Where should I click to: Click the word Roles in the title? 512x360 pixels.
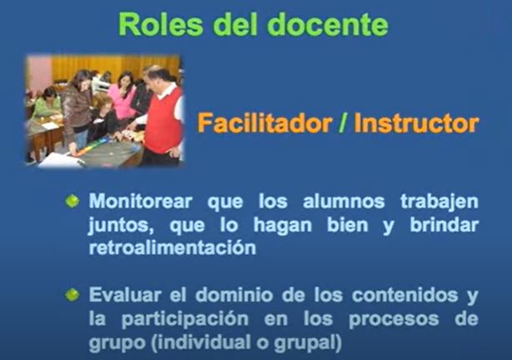coord(160,25)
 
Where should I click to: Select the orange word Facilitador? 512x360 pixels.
coord(264,123)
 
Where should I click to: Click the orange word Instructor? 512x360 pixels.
coord(416,123)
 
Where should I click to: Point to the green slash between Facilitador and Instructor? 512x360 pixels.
coord(343,123)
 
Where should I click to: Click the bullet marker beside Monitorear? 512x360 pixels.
coord(72,201)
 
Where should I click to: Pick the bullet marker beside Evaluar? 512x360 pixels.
coord(72,295)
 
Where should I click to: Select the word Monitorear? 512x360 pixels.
coord(140,202)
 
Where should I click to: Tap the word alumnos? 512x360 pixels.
coord(344,202)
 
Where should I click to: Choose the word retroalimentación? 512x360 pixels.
coord(173,248)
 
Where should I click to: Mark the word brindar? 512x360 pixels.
coord(444,224)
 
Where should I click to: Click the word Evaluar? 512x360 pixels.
coord(125,295)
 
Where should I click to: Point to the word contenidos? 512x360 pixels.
coord(405,295)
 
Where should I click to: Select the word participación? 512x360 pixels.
coord(185,319)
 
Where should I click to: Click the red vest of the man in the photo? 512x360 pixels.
coord(163,121)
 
